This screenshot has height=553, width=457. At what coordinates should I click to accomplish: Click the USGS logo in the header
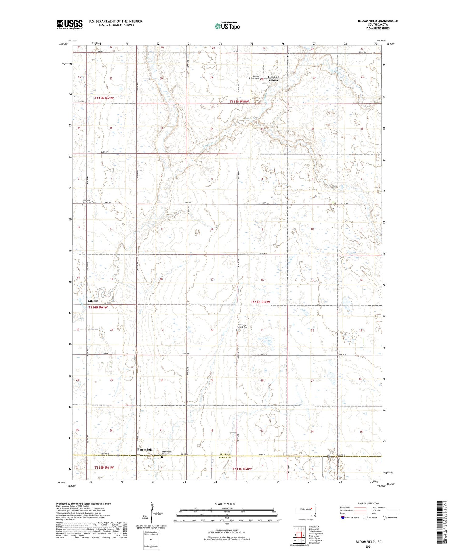tap(69, 24)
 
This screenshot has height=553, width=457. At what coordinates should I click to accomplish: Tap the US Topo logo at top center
tap(227, 26)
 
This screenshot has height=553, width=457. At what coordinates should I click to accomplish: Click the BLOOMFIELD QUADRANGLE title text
tap(378, 21)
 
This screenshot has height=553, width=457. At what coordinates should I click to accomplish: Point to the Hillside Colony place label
tap(273, 78)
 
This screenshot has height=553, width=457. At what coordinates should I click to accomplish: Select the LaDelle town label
tap(93, 301)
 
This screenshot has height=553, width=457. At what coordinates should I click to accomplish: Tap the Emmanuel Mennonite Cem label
tap(89, 201)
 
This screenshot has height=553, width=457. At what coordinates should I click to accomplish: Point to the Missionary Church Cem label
tap(245, 326)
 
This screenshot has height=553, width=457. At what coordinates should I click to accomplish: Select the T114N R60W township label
tap(260, 302)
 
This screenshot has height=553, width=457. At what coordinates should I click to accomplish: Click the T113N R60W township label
tap(242, 469)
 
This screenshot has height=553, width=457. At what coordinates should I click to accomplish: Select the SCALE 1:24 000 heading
tap(225, 504)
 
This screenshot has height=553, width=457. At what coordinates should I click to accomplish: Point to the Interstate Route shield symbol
tap(342, 517)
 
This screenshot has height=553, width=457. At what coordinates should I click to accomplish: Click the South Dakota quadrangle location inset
tap(306, 510)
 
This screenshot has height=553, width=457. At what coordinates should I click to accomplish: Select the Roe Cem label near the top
tap(292, 54)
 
